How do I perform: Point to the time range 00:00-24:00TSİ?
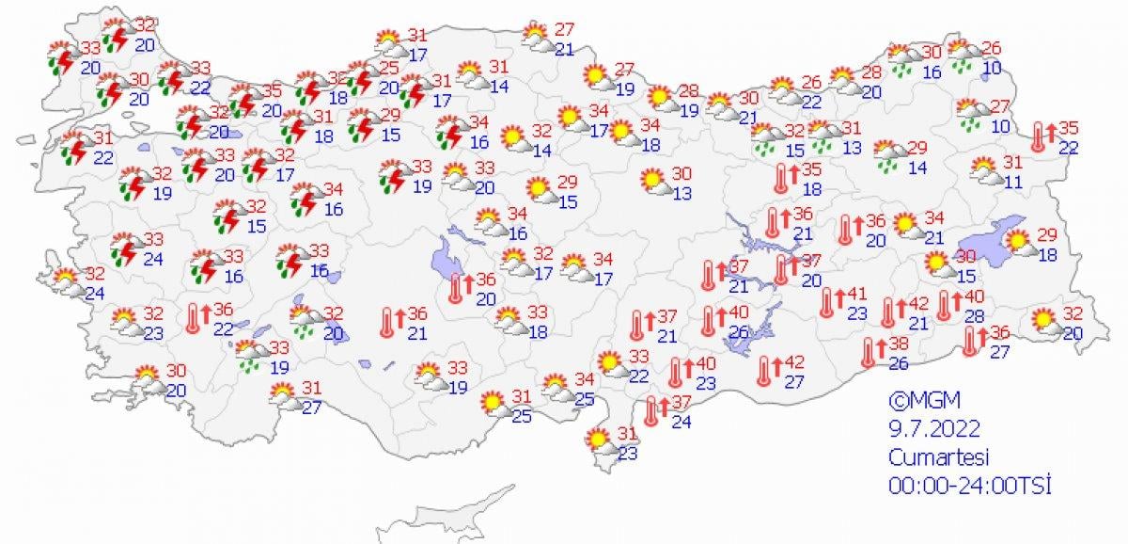(969, 486)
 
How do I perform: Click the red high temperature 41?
(857, 294)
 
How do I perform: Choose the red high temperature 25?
(388, 69)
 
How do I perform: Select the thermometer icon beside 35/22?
(1039, 137)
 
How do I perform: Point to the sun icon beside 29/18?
(1018, 244)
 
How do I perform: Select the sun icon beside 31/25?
(492, 405)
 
